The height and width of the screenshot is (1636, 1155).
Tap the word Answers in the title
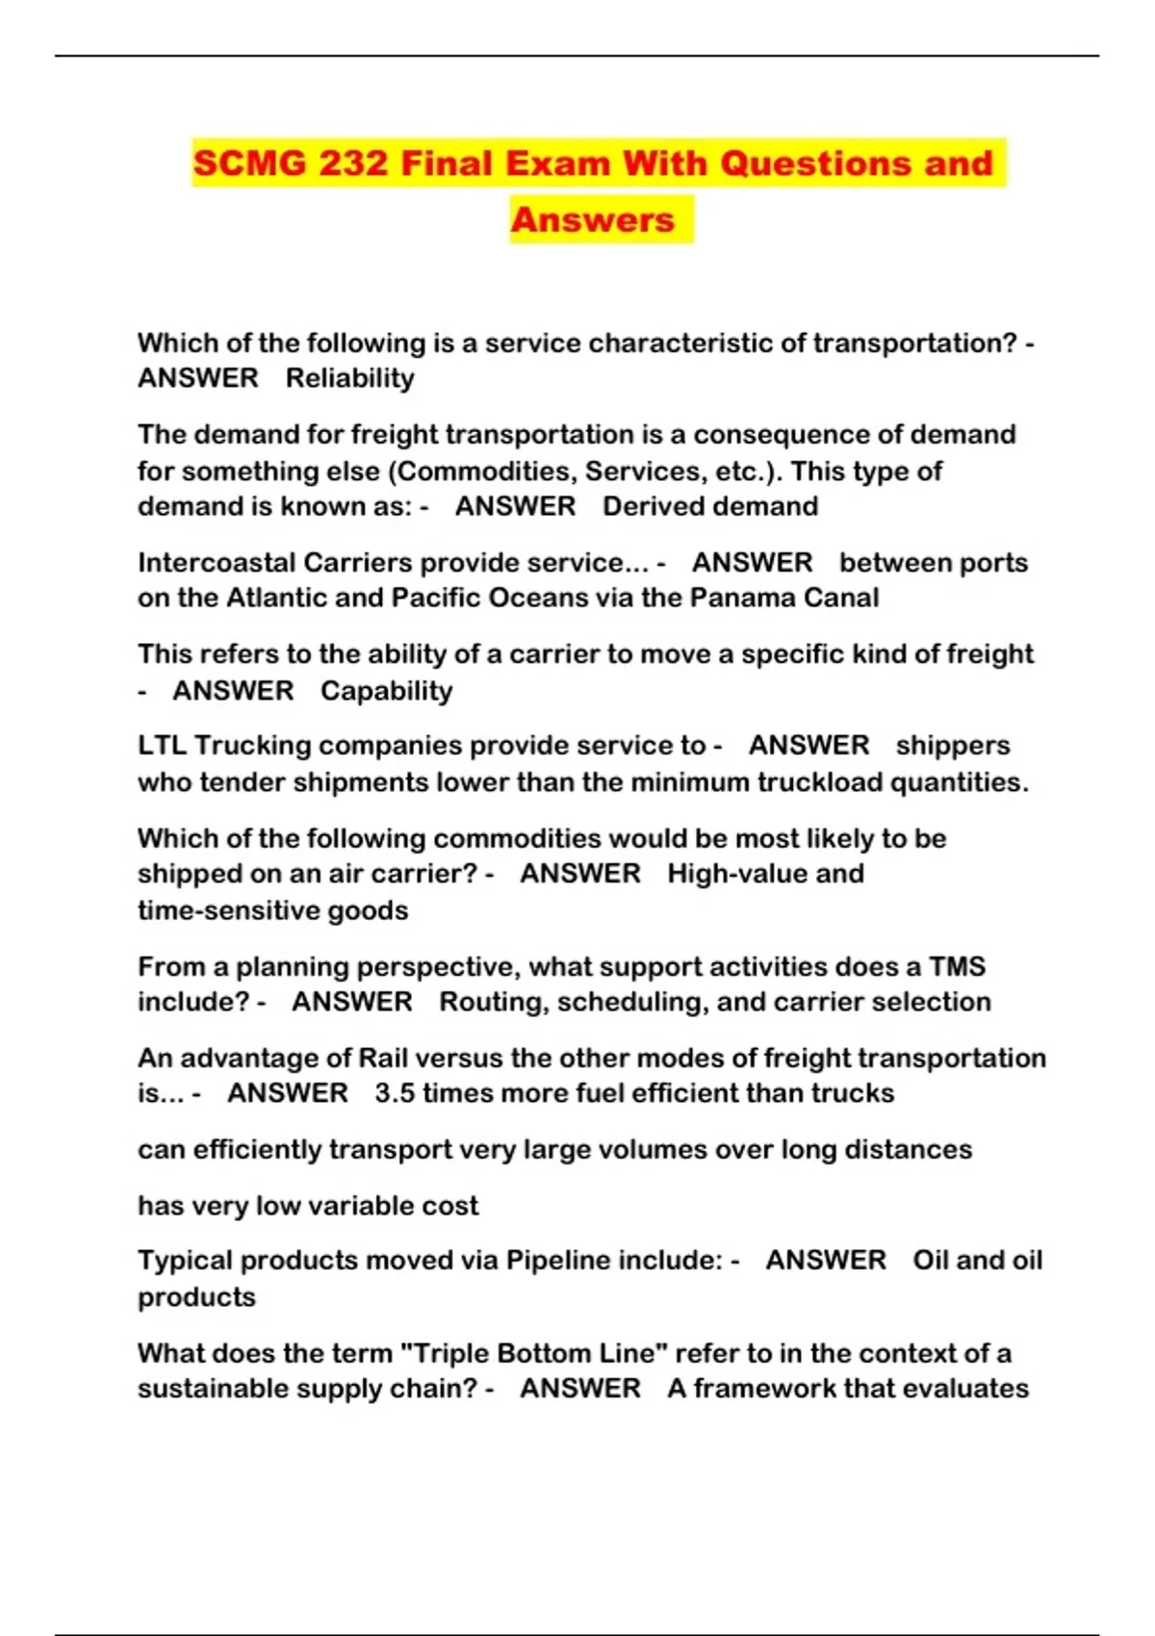592,220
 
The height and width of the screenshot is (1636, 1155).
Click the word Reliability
349,378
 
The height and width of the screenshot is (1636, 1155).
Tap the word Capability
386,691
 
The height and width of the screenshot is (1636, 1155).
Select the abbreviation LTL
162,746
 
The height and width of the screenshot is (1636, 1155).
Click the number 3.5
395,1093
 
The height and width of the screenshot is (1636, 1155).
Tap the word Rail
383,1058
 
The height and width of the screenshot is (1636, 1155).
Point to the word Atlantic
277,598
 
